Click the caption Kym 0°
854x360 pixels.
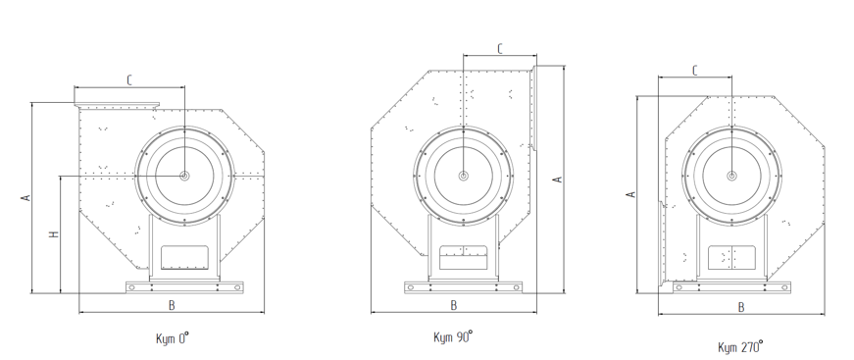coord(173,338)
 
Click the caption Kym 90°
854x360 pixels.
coord(453,336)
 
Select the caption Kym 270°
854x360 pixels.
coord(740,347)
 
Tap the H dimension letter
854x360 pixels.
coord(53,234)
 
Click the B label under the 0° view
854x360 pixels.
coord(172,305)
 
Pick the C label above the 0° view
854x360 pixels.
coord(129,80)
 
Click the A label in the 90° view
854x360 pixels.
coord(558,180)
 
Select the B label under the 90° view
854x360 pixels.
coord(454,305)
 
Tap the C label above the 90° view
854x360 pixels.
coord(500,48)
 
